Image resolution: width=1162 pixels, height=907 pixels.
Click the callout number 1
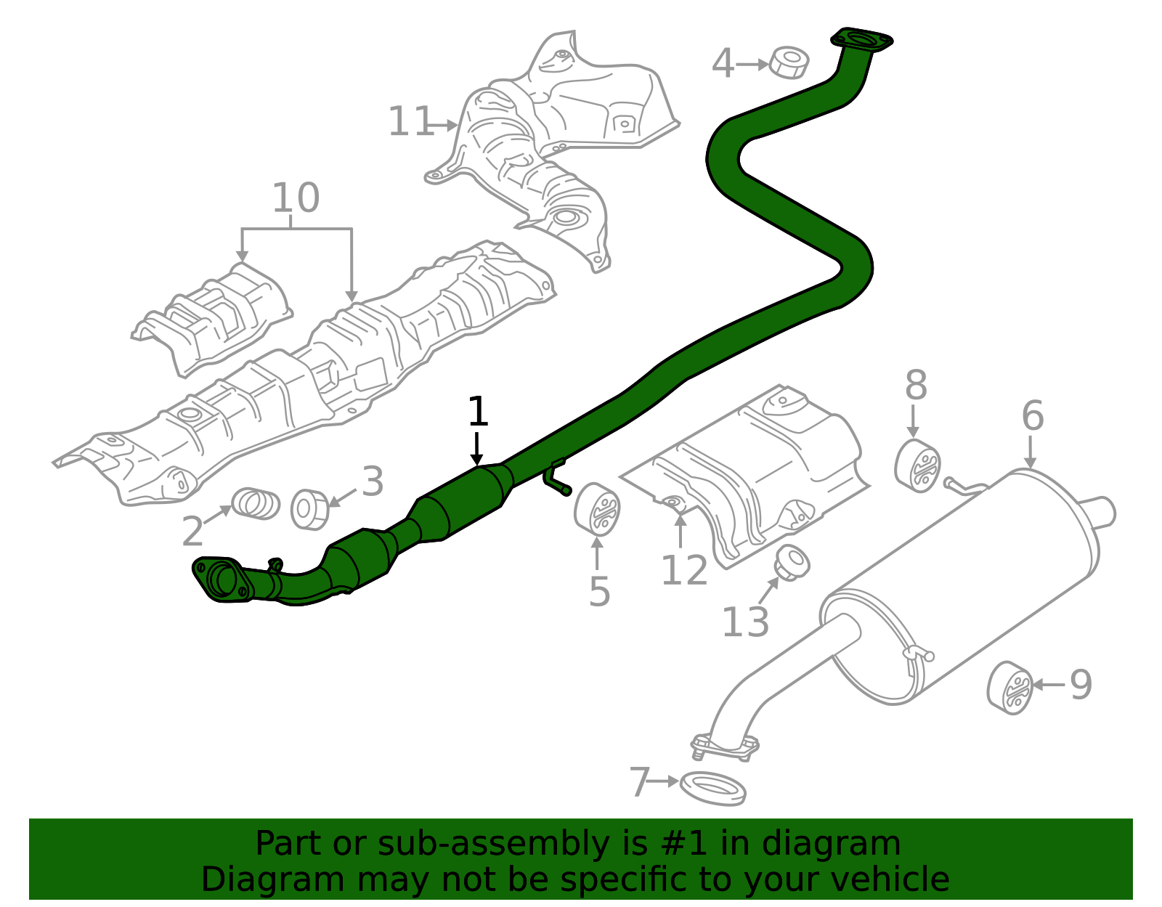[477, 412]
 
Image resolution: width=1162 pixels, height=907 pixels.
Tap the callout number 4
[722, 64]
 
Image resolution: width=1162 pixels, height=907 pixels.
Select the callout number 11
[410, 121]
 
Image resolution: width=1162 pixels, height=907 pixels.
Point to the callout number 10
[296, 198]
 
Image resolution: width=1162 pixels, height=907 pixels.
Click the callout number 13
[745, 622]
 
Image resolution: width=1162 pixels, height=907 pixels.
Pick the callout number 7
[640, 783]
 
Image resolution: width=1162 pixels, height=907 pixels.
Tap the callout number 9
[1081, 684]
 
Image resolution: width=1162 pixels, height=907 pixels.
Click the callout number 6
[1032, 416]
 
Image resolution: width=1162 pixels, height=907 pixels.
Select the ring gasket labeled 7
[713, 789]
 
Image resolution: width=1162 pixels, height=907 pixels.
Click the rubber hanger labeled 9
[1010, 688]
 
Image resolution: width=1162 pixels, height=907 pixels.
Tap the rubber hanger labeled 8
[918, 465]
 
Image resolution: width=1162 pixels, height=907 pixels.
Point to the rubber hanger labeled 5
[597, 509]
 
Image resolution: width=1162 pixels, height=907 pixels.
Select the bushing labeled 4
[789, 62]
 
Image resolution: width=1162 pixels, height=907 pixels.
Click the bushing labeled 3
[310, 509]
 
